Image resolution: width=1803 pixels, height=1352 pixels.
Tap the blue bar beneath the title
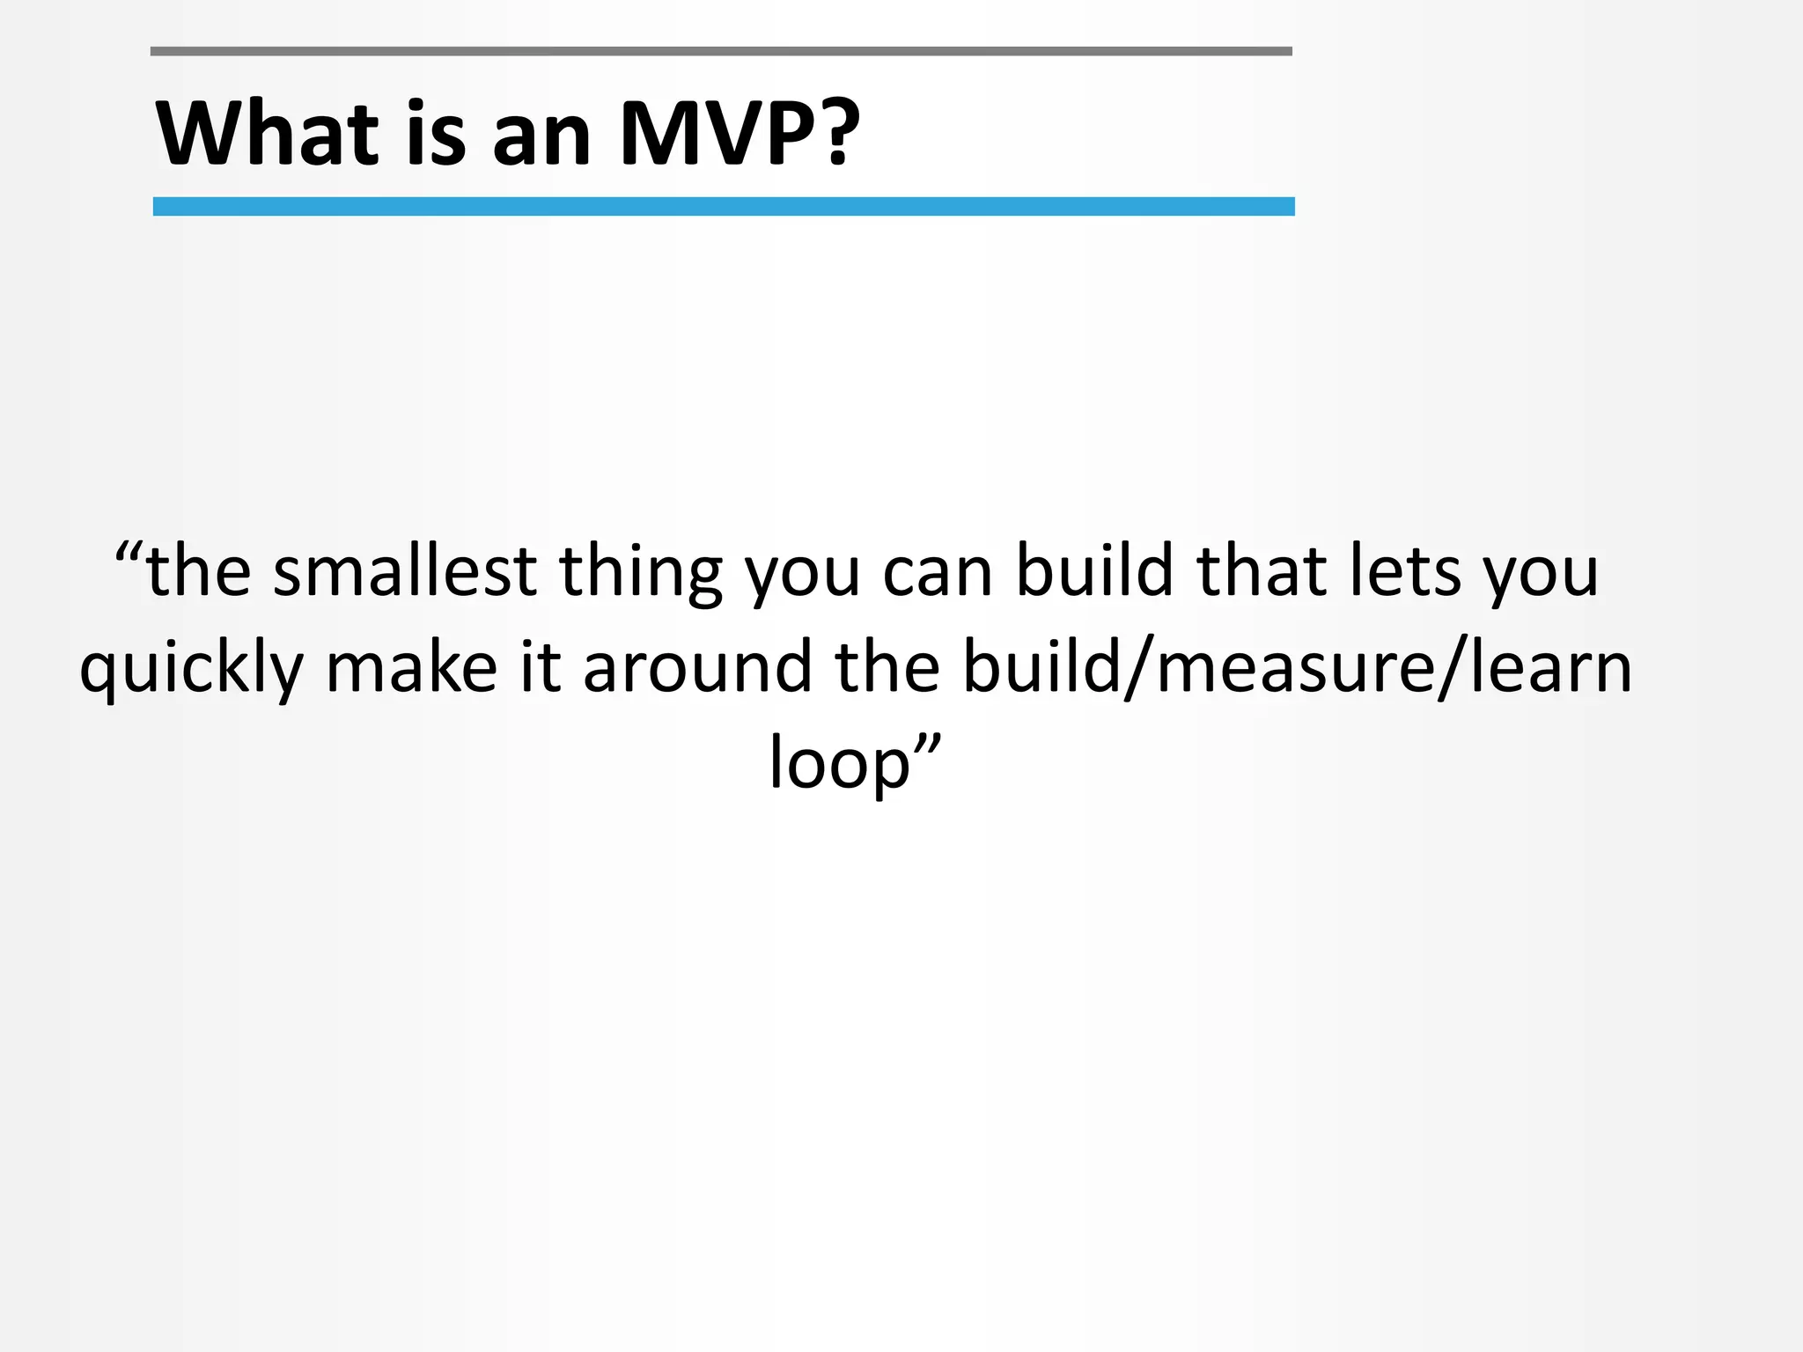pos(723,207)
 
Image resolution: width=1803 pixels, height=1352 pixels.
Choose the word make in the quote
pos(411,666)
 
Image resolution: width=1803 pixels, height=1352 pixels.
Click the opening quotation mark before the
pos(129,555)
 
